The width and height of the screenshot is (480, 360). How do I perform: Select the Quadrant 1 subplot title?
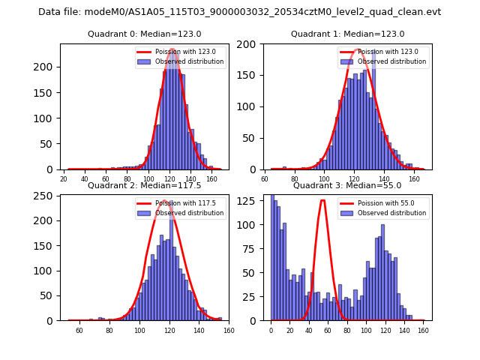pos(347,34)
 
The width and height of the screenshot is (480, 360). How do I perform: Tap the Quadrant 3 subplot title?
pos(347,185)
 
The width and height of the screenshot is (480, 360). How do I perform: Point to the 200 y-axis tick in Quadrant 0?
pos(46,67)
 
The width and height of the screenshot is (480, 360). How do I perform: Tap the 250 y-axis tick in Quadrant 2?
pos(46,196)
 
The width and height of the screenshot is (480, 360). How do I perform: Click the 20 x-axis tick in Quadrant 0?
pos(64,179)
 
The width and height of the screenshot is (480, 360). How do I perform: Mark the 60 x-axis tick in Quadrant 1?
pos(265,179)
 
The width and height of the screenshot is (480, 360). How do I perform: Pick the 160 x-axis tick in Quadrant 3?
pos(422,330)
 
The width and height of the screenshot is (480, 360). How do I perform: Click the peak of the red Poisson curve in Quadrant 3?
pos(322,200)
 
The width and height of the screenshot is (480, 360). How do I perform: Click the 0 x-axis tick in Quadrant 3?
pos(271,330)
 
